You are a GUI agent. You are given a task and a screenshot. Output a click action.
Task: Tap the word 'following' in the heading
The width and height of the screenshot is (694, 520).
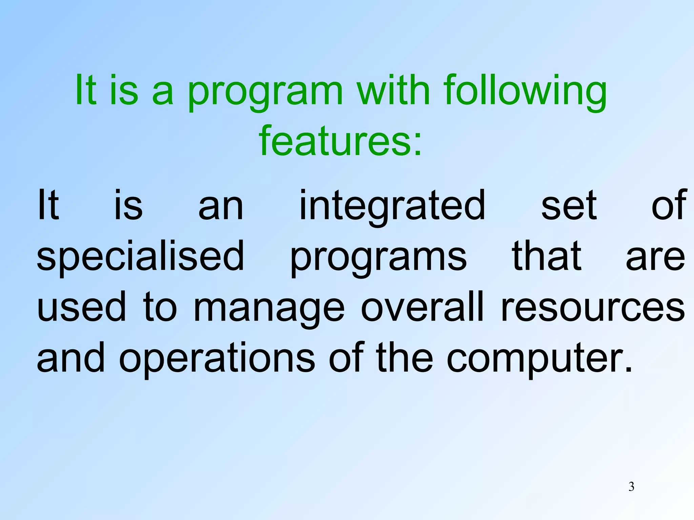(x=525, y=91)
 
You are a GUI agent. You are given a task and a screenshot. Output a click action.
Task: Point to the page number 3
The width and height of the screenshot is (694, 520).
(x=631, y=487)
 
